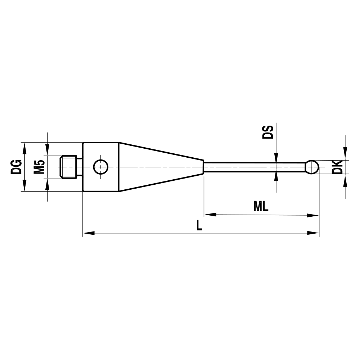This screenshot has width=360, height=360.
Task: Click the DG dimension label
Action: point(16,167)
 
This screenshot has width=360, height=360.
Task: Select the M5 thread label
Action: point(40,167)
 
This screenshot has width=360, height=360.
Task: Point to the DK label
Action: point(337,167)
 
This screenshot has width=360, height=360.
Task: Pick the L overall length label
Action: point(199,226)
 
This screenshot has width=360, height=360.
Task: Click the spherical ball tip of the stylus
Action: point(312,167)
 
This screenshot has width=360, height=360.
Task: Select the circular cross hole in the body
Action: point(100,167)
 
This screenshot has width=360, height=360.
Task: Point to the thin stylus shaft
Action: point(252,167)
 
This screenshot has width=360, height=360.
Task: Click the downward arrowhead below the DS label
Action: point(276,157)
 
